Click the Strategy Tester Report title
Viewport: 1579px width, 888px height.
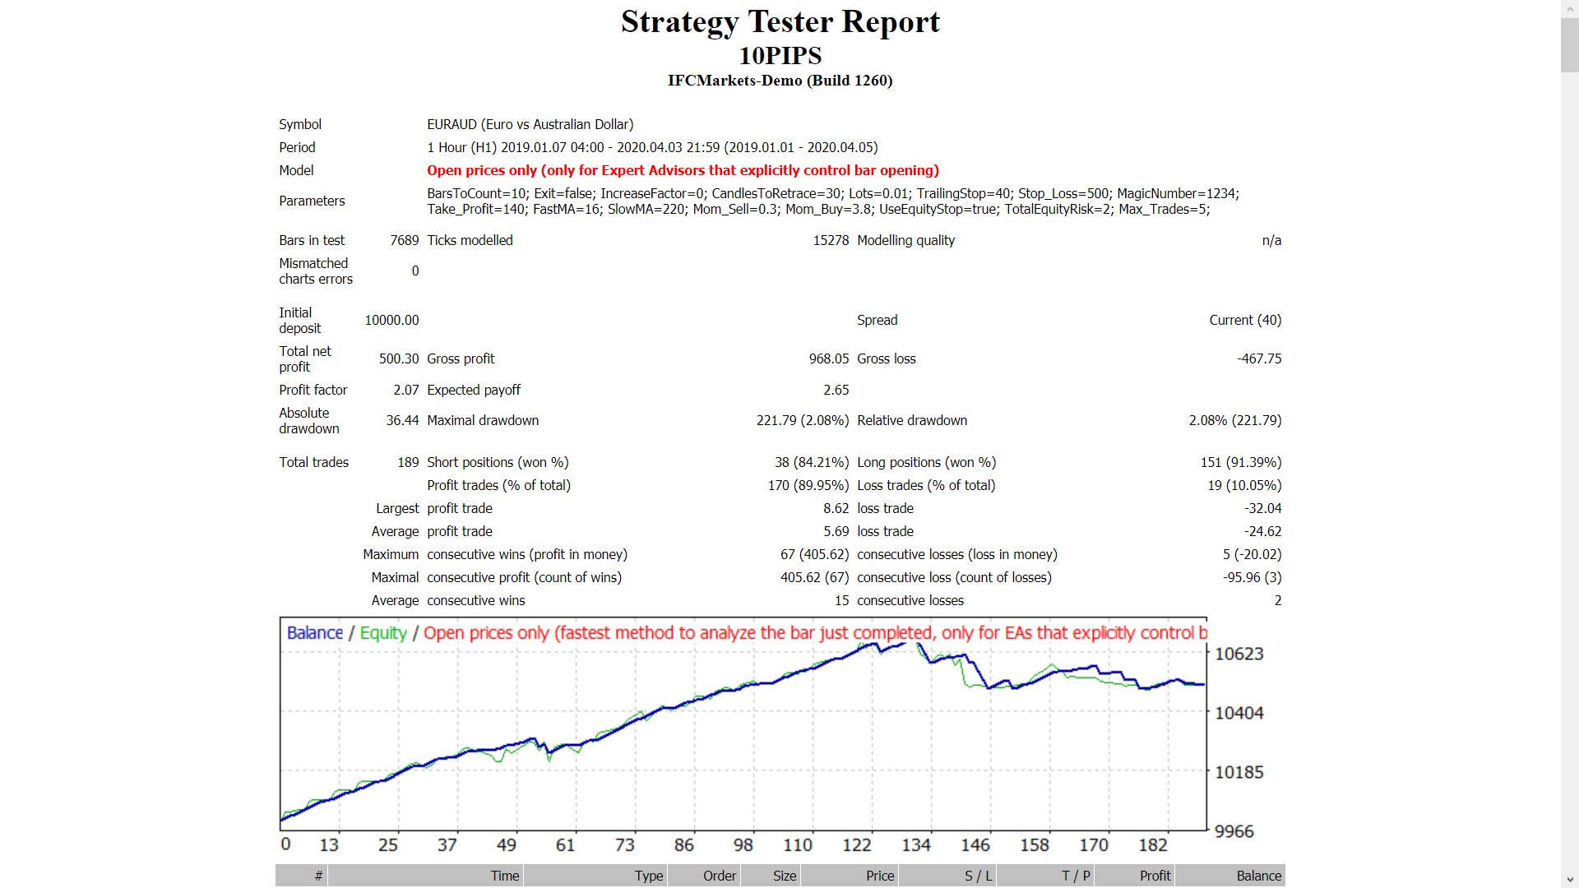(x=780, y=22)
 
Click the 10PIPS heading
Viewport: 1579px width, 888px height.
(x=780, y=56)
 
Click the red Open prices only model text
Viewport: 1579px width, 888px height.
(x=683, y=170)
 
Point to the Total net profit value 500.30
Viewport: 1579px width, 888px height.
(x=399, y=358)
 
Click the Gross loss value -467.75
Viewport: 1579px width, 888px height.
(x=1259, y=358)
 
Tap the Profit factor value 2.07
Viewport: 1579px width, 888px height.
(x=405, y=390)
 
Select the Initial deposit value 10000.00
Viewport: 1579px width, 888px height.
(x=391, y=320)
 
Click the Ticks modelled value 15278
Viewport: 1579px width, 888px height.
(x=831, y=240)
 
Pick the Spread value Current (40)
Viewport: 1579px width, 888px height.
(x=1244, y=320)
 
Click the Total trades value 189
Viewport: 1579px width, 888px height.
(x=408, y=462)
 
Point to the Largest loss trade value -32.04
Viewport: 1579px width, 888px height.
(x=1262, y=508)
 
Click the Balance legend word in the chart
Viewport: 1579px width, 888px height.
(x=315, y=633)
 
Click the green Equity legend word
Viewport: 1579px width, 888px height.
(x=383, y=633)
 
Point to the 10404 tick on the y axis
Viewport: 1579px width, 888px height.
(x=1239, y=713)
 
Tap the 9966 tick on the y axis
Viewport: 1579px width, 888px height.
(x=1234, y=831)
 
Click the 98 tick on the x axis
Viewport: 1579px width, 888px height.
(x=743, y=845)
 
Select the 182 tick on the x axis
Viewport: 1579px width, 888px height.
(x=1152, y=845)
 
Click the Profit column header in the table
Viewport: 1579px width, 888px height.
(x=1155, y=876)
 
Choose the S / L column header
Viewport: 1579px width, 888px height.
(x=978, y=876)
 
